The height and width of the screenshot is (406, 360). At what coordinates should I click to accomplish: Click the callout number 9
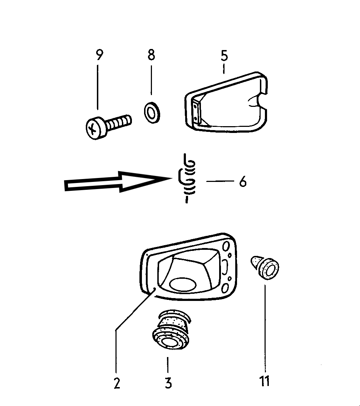click(x=99, y=55)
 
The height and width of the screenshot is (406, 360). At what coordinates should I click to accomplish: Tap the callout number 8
click(x=151, y=55)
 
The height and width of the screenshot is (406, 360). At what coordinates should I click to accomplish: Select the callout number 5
click(x=224, y=56)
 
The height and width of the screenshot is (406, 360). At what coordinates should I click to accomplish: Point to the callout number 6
click(x=243, y=182)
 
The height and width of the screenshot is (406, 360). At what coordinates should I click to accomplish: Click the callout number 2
click(x=117, y=383)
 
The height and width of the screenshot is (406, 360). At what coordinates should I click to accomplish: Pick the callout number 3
click(x=168, y=383)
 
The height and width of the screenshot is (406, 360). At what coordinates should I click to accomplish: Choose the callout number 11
click(x=265, y=381)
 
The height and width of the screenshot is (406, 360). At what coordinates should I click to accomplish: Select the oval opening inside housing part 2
click(x=182, y=284)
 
